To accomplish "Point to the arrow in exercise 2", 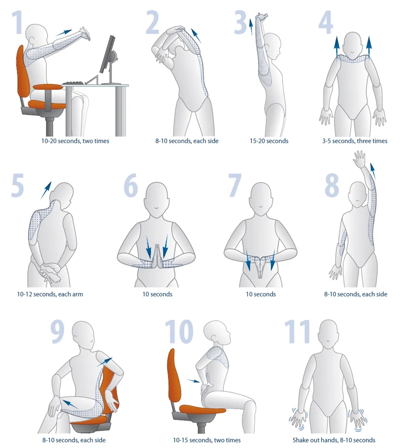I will click(196, 36).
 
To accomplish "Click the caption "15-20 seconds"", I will click(269, 141).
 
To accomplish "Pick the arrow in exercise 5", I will click(46, 190).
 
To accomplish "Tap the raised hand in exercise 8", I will click(360, 159).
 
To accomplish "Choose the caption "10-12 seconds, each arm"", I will click(50, 294).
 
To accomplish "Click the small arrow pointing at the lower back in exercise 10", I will click(194, 381).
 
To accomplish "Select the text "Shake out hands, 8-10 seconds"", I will click(334, 440).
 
